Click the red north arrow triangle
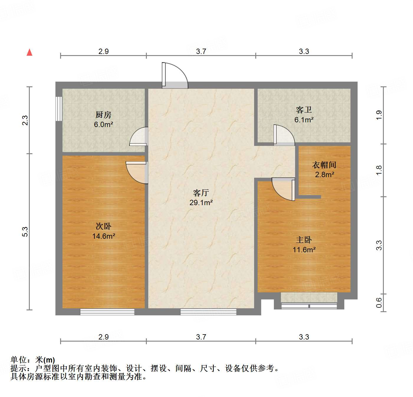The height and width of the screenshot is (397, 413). (29, 52)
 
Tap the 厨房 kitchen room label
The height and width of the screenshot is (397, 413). (103, 114)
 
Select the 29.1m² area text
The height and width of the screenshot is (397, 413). (201, 202)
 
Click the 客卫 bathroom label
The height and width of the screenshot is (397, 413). (304, 110)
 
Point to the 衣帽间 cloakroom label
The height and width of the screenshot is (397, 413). (324, 165)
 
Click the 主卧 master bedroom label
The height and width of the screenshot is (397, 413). (304, 240)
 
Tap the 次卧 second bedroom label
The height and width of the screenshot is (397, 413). (103, 226)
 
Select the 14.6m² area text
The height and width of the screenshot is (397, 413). (103, 236)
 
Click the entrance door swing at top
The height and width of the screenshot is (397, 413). (175, 75)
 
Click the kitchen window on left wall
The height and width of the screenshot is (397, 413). (59, 108)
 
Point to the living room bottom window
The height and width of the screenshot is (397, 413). (208, 312)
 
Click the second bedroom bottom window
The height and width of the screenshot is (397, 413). (107, 312)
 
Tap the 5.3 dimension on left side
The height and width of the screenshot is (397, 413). (25, 231)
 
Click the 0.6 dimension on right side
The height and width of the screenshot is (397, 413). (379, 302)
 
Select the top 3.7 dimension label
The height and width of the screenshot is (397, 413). (201, 51)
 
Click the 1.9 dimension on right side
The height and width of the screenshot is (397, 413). (379, 115)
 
